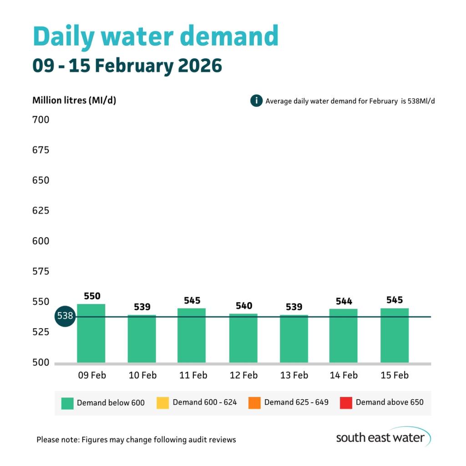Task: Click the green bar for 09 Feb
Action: click(91, 333)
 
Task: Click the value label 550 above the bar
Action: click(92, 296)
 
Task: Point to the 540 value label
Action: click(244, 305)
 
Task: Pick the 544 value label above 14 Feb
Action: click(344, 301)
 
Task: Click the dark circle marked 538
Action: click(65, 316)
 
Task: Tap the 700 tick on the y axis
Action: click(41, 120)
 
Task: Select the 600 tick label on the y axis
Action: click(41, 241)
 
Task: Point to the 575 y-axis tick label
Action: click(41, 272)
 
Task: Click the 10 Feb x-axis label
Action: click(142, 375)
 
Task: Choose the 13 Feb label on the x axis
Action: click(294, 375)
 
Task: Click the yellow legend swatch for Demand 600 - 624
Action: click(162, 403)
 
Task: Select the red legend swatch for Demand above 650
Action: click(346, 403)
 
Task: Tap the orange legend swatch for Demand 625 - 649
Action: click(254, 403)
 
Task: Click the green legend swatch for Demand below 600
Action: click(67, 403)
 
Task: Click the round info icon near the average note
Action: click(257, 101)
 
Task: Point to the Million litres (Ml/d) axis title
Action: click(74, 100)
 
